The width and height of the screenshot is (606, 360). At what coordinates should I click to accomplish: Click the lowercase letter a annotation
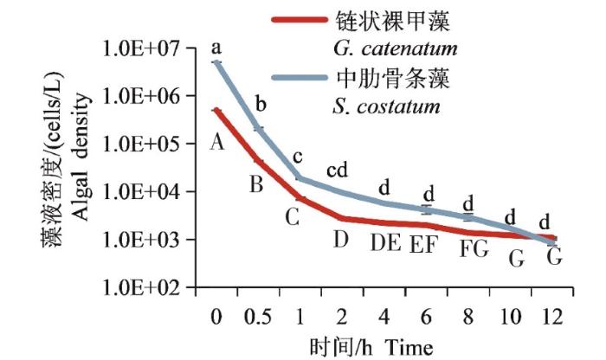click(216, 42)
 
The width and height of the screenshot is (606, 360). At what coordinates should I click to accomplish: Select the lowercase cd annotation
click(338, 170)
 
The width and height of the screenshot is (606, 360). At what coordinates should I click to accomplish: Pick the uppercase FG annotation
click(474, 249)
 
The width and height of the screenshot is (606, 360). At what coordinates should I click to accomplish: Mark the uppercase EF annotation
click(427, 243)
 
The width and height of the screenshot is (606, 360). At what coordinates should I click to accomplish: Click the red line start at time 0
click(216, 110)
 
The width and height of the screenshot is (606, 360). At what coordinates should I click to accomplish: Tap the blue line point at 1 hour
click(300, 178)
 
